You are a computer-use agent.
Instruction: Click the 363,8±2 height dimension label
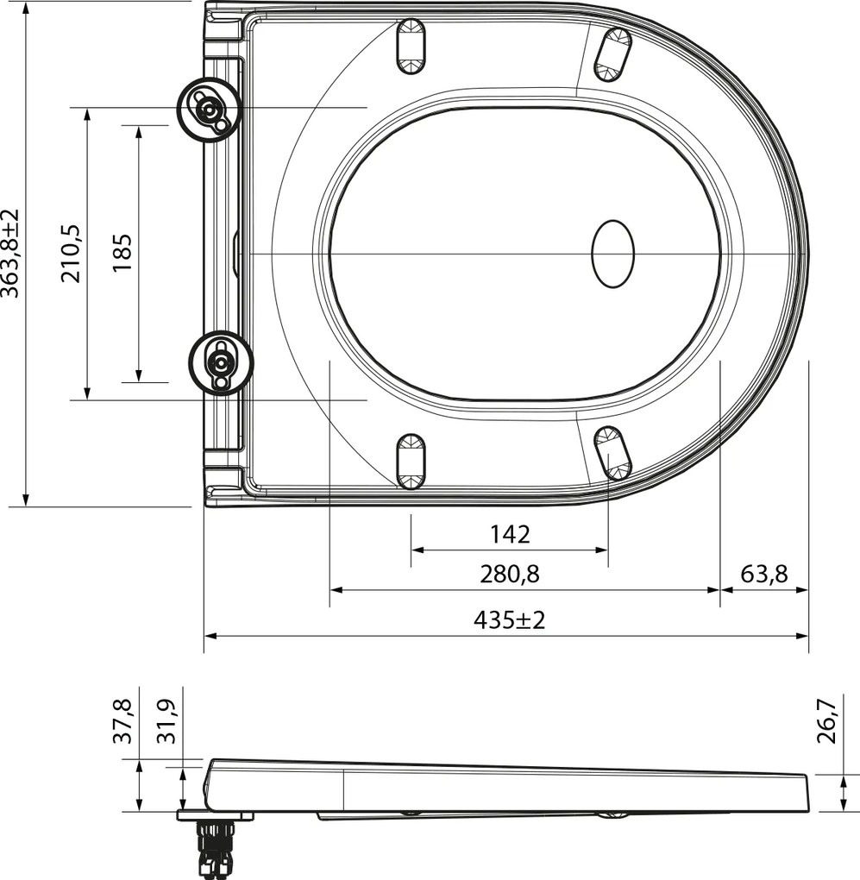point(9,253)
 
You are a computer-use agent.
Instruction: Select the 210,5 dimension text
point(72,253)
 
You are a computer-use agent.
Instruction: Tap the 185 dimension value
point(122,253)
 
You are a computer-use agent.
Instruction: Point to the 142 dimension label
point(510,534)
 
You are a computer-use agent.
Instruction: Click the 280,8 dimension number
point(510,574)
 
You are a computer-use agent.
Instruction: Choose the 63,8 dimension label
point(764,574)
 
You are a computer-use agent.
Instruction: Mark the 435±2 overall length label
point(510,620)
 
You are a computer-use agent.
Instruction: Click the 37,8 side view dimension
point(122,721)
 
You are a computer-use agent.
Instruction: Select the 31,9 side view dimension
point(166,721)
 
